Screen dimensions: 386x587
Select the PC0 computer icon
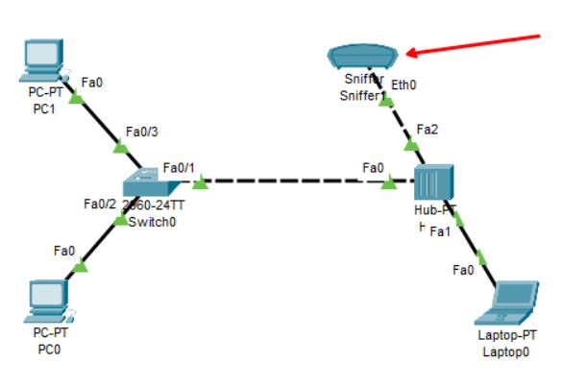pos(46,301)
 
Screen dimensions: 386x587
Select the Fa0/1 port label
pos(179,168)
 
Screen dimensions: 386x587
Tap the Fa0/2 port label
pos(99,204)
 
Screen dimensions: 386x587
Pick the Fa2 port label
pos(428,130)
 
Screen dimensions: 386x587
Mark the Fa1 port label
pos(440,231)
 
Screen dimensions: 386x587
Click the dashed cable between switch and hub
pos(288,181)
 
